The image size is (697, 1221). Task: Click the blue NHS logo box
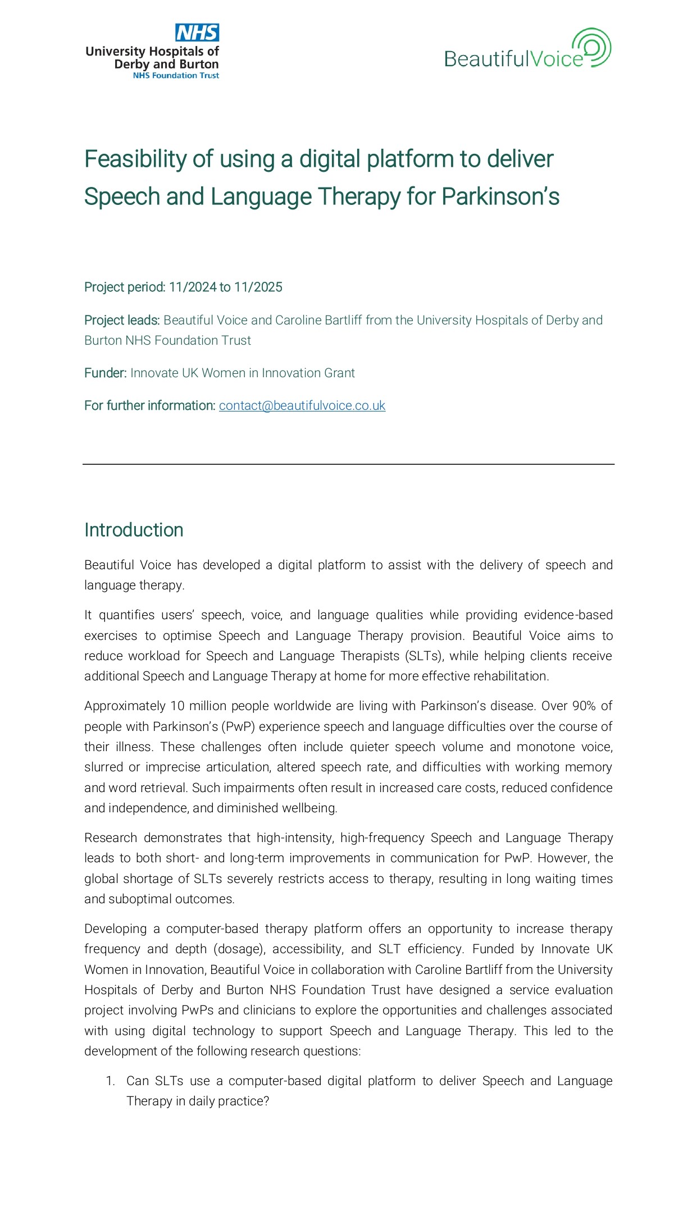click(x=197, y=33)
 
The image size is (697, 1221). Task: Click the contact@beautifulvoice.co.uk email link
click(x=302, y=405)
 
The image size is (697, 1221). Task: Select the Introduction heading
click(x=134, y=530)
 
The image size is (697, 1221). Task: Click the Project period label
click(x=124, y=287)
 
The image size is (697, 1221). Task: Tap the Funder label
click(x=105, y=373)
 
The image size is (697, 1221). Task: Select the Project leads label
click(x=122, y=320)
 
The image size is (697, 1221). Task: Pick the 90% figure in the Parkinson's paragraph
click(x=584, y=706)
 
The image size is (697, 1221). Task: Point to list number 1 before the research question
click(x=111, y=1081)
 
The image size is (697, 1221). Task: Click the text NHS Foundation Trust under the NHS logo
click(x=176, y=76)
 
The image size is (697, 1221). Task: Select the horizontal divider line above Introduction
click(x=348, y=464)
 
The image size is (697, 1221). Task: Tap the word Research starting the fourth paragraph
click(x=111, y=838)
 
